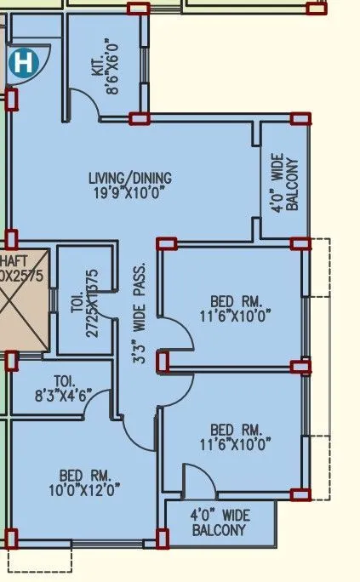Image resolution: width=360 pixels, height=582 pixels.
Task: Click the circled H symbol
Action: coord(25,62)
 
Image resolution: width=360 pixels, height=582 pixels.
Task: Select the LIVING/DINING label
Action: coord(130,179)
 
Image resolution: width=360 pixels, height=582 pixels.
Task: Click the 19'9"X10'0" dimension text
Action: coord(130,193)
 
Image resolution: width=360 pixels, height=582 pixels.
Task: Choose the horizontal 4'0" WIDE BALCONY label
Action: coord(220,522)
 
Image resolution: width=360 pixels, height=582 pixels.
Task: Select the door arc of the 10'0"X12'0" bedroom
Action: coord(136,434)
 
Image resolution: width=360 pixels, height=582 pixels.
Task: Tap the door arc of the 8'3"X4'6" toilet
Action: coord(98,399)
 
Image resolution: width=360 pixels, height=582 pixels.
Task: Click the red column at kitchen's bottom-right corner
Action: coord(140,118)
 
